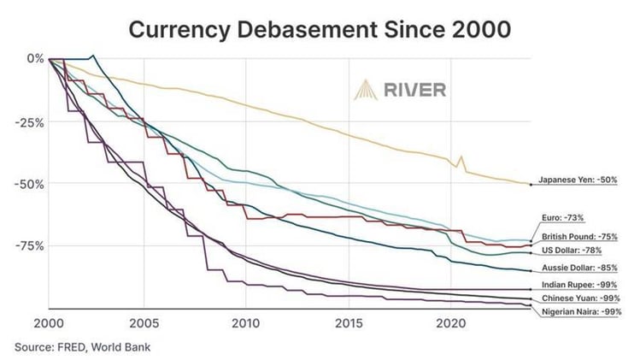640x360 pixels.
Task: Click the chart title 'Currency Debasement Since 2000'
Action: pos(320,28)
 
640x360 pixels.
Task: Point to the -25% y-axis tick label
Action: pos(30,121)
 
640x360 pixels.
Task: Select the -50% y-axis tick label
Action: pos(30,183)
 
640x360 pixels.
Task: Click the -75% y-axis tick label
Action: pos(30,246)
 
